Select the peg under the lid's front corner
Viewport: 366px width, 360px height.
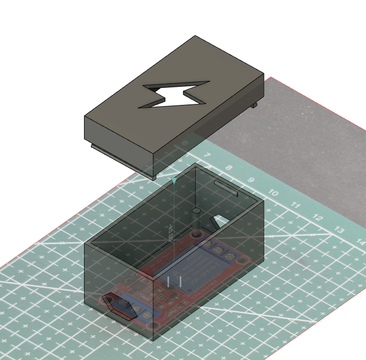coord(154,177)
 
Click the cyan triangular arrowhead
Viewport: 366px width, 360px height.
coord(174,181)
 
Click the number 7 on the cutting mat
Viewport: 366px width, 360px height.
coord(207,155)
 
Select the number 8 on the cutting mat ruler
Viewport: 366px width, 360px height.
coord(229,168)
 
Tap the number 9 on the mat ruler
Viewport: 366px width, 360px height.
coord(250,181)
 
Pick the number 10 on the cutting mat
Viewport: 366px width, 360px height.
coord(273,193)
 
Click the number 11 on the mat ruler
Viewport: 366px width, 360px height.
coord(295,205)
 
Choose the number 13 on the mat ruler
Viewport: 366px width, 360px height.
coord(339,230)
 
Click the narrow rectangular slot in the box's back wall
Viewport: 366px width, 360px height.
coord(227,188)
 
